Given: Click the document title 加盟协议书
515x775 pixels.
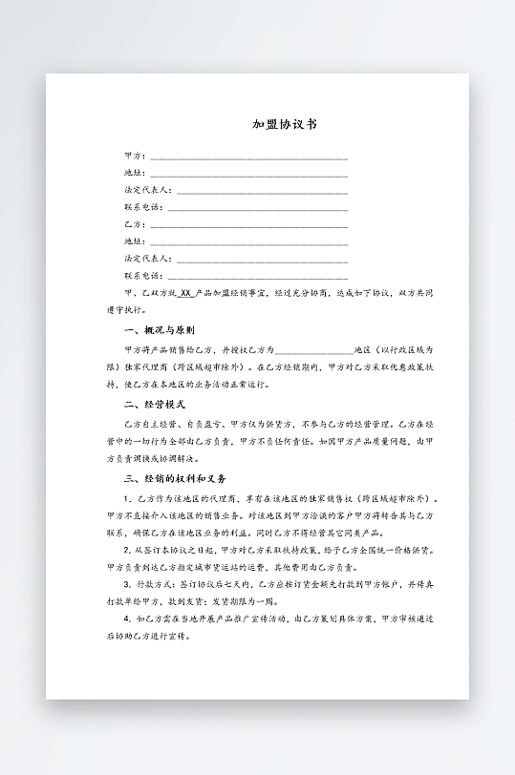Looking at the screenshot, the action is click(x=285, y=124).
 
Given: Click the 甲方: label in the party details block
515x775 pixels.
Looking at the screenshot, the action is click(x=135, y=156).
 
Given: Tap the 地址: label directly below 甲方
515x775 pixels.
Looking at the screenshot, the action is click(x=135, y=173).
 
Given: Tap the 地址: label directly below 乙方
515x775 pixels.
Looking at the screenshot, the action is click(x=135, y=241).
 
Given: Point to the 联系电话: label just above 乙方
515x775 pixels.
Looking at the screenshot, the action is click(x=143, y=207).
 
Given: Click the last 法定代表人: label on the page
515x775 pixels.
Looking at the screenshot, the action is click(x=148, y=259).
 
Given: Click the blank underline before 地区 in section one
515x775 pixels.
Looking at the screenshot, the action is click(x=313, y=351).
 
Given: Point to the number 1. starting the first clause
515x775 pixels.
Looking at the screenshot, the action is click(x=128, y=499).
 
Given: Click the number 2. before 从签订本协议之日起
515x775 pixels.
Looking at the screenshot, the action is click(x=128, y=551).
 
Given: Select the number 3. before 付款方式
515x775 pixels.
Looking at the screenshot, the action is click(x=128, y=584).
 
